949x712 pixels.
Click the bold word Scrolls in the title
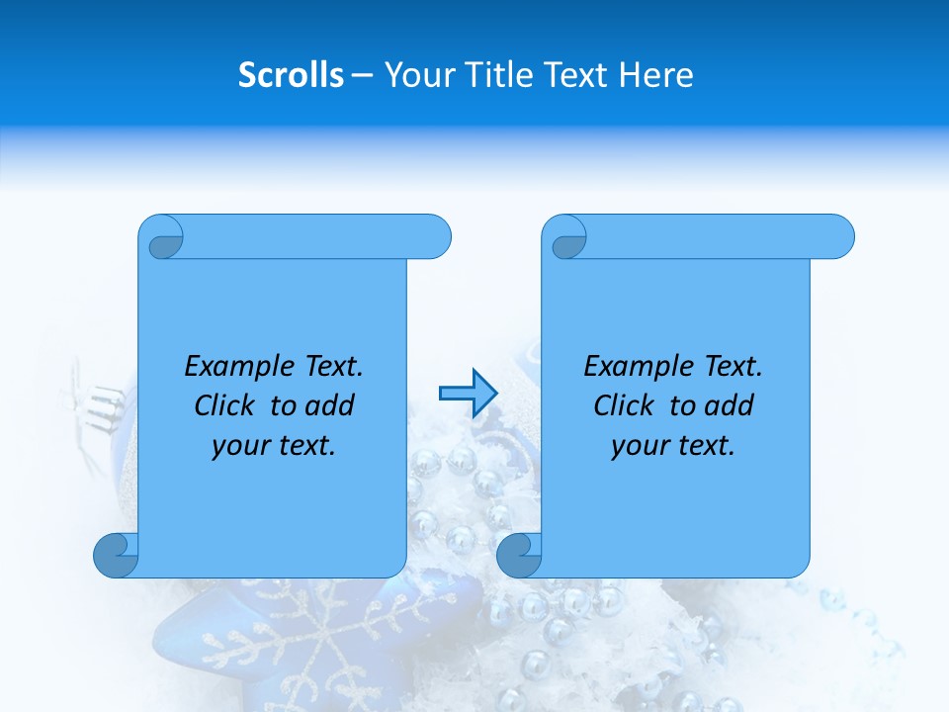[291, 75]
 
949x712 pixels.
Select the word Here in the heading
[656, 75]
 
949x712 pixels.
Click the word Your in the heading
[415, 75]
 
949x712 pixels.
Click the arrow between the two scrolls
[467, 393]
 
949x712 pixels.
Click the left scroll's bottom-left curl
[116, 555]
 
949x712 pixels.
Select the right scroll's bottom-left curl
[519, 555]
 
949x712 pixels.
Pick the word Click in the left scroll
[227, 405]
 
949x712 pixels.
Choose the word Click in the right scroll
[627, 405]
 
